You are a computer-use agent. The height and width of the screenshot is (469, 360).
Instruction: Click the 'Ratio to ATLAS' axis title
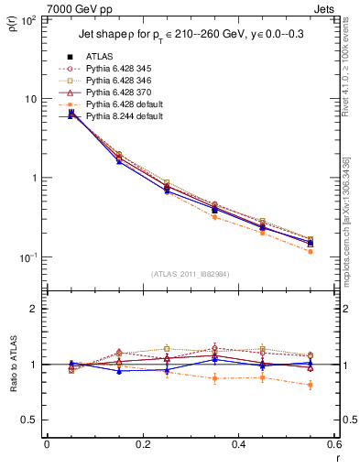(x=14, y=365)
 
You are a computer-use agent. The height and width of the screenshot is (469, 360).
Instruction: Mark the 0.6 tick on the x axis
(x=333, y=444)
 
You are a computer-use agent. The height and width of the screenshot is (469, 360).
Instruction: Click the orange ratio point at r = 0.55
(x=311, y=385)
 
